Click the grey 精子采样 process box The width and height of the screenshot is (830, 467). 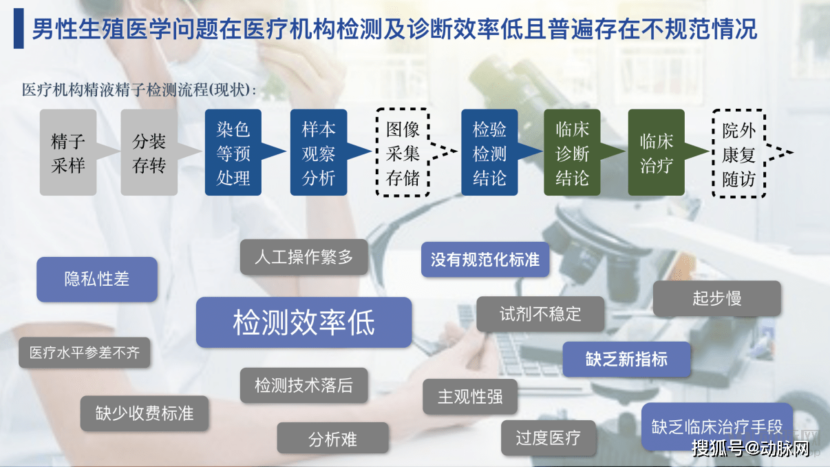(68, 152)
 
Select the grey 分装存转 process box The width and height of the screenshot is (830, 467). (149, 152)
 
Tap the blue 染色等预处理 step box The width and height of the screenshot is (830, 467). (233, 152)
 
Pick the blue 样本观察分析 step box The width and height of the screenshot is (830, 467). (319, 152)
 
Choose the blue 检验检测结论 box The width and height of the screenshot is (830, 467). (489, 152)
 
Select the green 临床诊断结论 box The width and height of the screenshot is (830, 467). (572, 152)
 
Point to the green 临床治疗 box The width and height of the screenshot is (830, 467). (656, 152)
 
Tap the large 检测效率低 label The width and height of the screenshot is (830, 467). (304, 322)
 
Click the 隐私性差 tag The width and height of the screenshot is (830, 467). (97, 280)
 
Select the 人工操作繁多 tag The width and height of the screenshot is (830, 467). (304, 257)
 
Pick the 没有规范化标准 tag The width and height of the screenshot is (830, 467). (485, 259)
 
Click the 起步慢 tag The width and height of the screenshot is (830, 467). (717, 298)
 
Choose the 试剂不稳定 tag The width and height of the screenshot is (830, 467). (540, 314)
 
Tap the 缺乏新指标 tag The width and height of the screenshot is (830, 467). (626, 359)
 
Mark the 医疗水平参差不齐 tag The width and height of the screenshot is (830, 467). (85, 353)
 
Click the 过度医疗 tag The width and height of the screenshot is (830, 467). (549, 437)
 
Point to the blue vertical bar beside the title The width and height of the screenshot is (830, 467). (19, 28)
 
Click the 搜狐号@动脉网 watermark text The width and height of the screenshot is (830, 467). (751, 448)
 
